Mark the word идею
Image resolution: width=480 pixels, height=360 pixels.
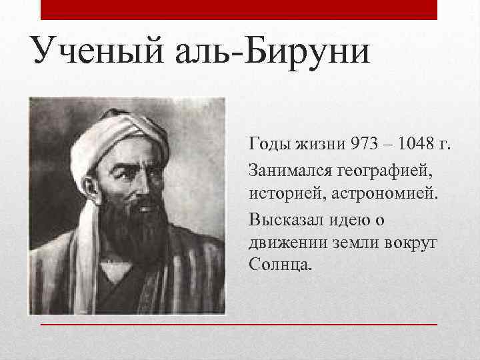347,219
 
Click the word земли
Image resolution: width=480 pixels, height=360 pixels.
351,243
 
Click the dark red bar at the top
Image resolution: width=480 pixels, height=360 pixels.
239,9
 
